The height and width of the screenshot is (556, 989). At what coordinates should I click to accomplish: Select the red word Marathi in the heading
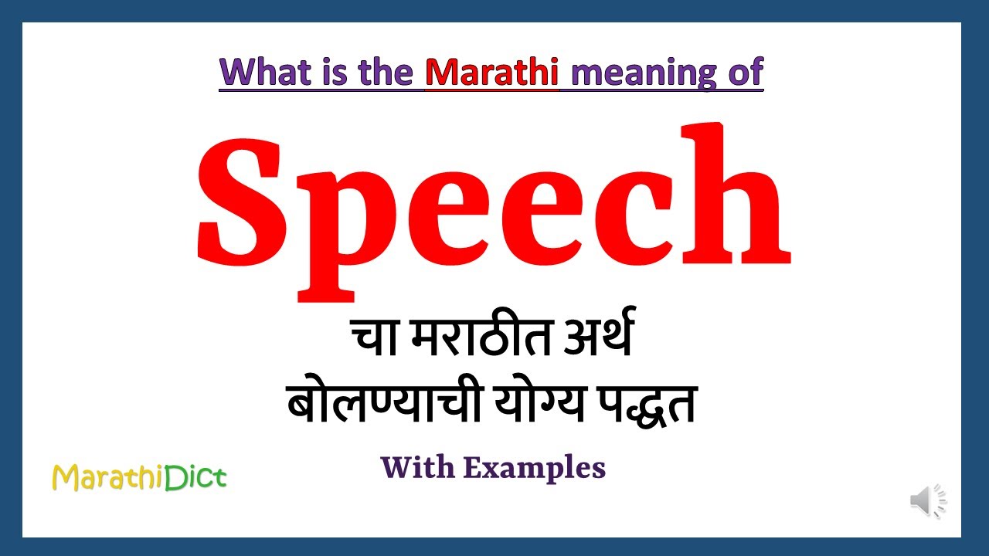pos(491,73)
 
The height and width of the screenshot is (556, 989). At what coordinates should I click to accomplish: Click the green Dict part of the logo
pos(196,478)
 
